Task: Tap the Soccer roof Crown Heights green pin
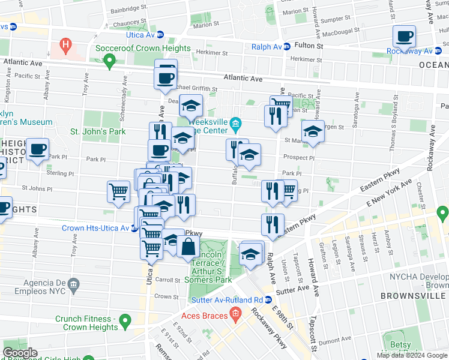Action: point(109,60)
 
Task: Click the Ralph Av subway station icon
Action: point(287,46)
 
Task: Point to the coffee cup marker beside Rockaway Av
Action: point(405,37)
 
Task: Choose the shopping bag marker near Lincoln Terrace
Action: point(188,245)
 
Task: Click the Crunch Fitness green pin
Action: point(125,322)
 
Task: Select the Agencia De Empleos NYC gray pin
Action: point(73,283)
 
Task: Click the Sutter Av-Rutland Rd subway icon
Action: point(269,299)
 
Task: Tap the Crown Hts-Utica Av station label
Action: point(96,228)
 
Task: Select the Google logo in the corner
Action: point(20,353)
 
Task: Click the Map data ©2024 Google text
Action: point(412,355)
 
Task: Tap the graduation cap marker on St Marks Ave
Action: point(312,131)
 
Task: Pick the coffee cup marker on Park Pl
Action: point(37,149)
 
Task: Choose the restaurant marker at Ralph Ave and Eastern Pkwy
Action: point(273,224)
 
